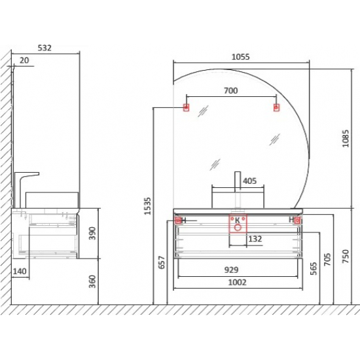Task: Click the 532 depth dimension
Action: click(45, 48)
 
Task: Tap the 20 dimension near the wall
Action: click(24, 60)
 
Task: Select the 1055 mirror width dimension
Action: click(240, 57)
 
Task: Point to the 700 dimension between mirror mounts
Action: click(231, 91)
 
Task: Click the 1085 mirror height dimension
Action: click(346, 139)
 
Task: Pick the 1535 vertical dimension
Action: click(148, 206)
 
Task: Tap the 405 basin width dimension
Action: click(249, 181)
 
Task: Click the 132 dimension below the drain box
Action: click(255, 239)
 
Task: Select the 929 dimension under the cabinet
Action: click(231, 270)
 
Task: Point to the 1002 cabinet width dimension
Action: click(237, 282)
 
